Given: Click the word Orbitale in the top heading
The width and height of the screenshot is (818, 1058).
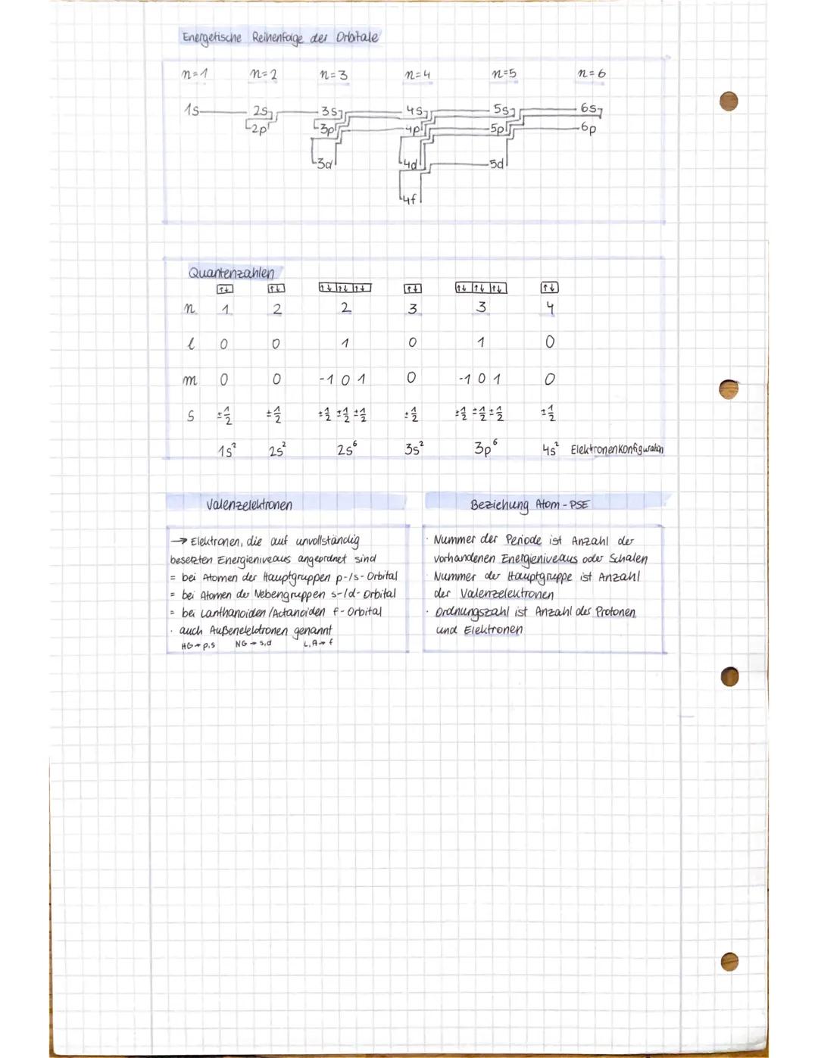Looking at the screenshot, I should coord(357,37).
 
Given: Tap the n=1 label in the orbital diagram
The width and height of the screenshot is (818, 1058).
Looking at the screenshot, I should coord(195,74).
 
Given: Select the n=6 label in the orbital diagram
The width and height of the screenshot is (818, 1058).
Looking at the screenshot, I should coord(592,73).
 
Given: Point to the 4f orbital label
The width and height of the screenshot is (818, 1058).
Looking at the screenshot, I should coord(409,199).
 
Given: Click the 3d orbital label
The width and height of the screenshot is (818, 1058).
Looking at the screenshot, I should coord(325,164).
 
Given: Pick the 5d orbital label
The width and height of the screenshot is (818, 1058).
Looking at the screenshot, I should coord(497,164).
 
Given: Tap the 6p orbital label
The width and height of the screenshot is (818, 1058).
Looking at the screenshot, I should coord(589,129).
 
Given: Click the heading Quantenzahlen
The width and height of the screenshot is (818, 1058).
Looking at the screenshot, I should coord(231,272).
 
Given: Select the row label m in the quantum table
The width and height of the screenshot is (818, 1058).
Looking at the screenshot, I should coord(189,379).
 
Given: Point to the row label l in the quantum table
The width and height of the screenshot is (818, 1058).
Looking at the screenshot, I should coord(190,344).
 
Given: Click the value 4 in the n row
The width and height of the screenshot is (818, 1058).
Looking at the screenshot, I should coord(550,308).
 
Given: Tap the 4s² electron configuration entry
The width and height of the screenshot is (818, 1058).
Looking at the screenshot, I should coord(550,449).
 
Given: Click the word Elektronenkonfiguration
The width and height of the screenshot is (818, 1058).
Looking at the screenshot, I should coord(617,449).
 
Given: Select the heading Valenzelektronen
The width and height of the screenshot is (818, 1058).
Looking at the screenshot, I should coord(248,504).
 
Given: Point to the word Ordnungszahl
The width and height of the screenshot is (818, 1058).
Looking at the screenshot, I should coord(472,612).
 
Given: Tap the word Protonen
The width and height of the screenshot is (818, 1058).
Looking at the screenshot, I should coord(615,612).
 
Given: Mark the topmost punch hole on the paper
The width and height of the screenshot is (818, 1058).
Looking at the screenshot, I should coord(729,101).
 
